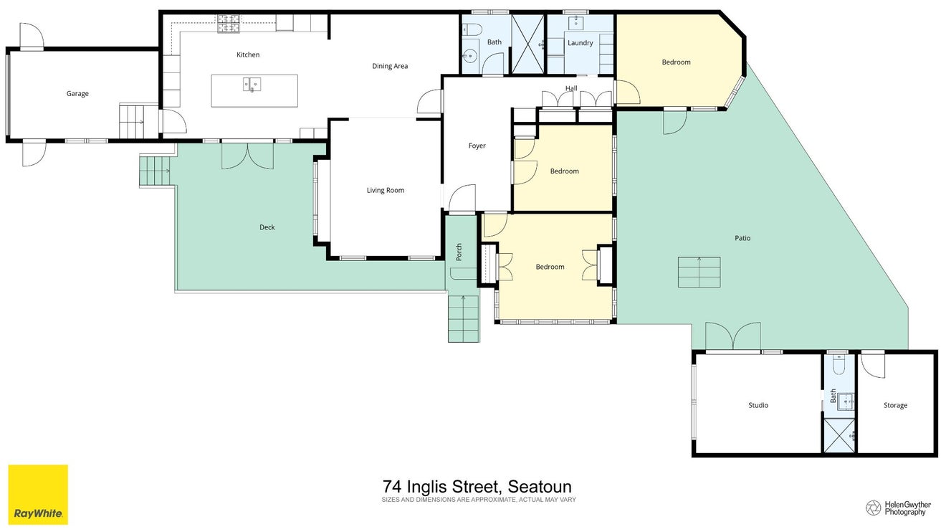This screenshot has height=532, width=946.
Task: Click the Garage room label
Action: point(77,94)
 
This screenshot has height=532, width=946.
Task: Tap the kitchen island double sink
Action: point(252,85)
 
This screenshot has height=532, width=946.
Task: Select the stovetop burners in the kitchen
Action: point(229,24)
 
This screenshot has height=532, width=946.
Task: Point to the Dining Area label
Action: point(390,66)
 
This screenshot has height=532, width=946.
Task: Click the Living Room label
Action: point(385,191)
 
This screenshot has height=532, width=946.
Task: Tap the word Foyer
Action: point(477,146)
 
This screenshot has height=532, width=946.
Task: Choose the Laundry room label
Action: point(580,43)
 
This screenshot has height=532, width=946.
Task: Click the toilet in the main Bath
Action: point(472,29)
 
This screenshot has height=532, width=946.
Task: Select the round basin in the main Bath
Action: point(469,55)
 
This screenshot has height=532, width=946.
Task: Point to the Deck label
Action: point(267,227)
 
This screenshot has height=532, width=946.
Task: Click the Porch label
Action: point(459,252)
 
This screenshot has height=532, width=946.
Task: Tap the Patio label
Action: point(742,238)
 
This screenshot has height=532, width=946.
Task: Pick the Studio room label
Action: point(758,405)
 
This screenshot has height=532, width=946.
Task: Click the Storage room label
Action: point(895,405)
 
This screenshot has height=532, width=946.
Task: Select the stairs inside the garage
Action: point(132,122)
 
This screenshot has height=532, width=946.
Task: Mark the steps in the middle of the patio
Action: point(699,272)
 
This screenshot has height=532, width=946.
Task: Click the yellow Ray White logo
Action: point(38,495)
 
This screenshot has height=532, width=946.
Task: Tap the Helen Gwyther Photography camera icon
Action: point(873,508)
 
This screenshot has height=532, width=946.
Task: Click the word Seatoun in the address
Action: point(540,487)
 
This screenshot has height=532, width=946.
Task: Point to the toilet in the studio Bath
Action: point(839,365)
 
